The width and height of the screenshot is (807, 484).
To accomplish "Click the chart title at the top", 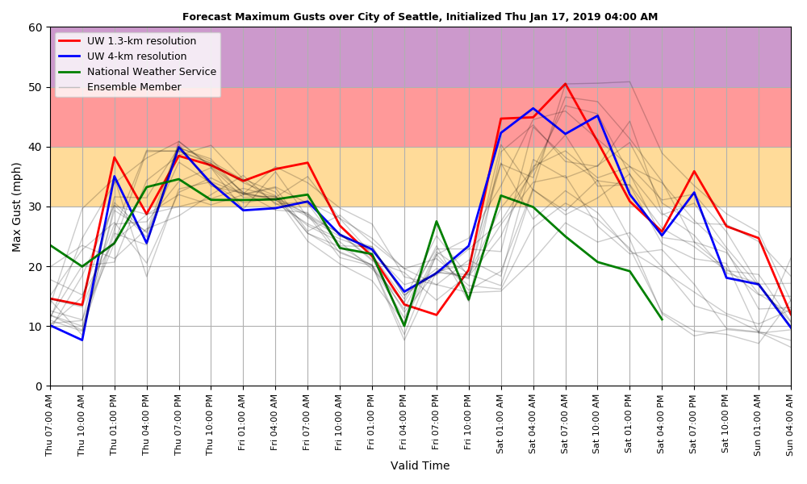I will pyautogui.click(x=420, y=17).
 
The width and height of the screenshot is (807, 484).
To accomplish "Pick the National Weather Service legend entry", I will pyautogui.click(x=151, y=72).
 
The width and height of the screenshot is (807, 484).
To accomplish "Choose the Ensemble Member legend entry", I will pyautogui.click(x=134, y=87).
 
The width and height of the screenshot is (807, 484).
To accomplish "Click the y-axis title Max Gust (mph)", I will pyautogui.click(x=17, y=207).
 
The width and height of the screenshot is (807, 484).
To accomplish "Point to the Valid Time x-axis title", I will pyautogui.click(x=420, y=466).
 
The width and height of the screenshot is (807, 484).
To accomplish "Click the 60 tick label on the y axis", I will pyautogui.click(x=36, y=27).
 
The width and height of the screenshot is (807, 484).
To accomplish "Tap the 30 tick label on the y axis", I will pyautogui.click(x=36, y=207).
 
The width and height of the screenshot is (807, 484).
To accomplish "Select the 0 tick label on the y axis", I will pyautogui.click(x=40, y=386).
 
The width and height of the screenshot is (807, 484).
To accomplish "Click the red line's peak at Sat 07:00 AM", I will pyautogui.click(x=565, y=84).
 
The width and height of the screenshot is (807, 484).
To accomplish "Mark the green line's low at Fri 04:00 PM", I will pyautogui.click(x=404, y=326).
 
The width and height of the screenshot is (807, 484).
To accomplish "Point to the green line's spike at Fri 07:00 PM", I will pyautogui.click(x=437, y=221).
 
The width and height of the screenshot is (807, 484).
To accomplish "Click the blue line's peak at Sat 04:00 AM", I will pyautogui.click(x=533, y=108).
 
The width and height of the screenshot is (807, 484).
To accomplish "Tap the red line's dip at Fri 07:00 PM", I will pyautogui.click(x=437, y=315).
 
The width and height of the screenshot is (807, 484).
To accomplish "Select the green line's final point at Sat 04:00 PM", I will pyautogui.click(x=662, y=319).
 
